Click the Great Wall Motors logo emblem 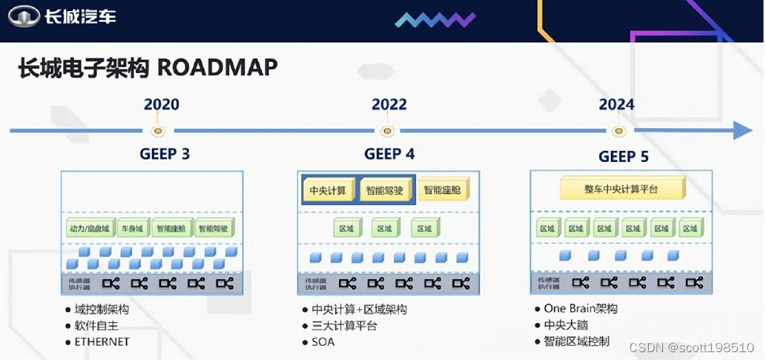coord(24,15)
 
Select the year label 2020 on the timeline coord(161,105)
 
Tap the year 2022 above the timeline coord(389,105)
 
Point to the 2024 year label coord(617,105)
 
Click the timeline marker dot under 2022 coord(386,131)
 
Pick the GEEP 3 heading coord(164,154)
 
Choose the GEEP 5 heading coord(624,156)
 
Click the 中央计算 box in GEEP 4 coord(327,190)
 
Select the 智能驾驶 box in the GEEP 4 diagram coord(385,190)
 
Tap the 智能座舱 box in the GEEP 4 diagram coord(444,189)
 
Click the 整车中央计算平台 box coord(621,189)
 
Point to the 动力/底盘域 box coord(89,229)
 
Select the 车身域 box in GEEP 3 coord(131,229)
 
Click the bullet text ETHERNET coord(102,342)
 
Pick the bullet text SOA coord(323,342)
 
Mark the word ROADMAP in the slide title coord(218,68)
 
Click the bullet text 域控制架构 coord(102,310)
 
